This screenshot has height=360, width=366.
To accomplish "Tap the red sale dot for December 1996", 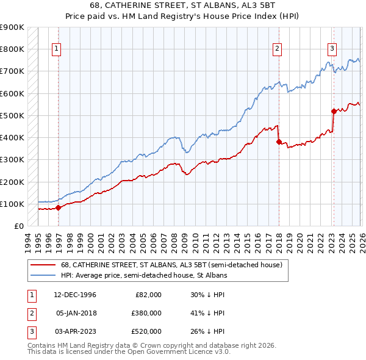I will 58,207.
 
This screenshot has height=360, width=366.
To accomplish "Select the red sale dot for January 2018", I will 279,142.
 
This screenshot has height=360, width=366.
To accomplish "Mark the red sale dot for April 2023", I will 334,111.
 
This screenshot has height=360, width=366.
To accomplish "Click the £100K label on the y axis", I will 12,204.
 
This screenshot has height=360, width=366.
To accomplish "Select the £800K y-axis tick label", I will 12,49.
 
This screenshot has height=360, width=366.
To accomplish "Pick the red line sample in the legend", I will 42,265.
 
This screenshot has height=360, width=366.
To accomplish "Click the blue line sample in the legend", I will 42,276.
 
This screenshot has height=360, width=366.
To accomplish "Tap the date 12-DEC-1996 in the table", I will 76,295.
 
